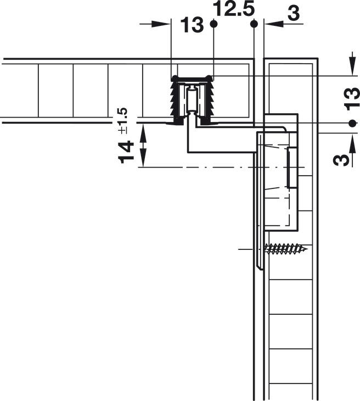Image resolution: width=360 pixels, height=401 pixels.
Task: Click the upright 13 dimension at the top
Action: pyautogui.click(x=192, y=25)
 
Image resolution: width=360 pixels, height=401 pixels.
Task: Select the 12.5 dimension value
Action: pyautogui.click(x=234, y=9)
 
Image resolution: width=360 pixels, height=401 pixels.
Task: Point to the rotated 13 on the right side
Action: pyautogui.click(x=352, y=99)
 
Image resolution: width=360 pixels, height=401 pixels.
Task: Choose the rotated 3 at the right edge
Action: pyautogui.click(x=341, y=160)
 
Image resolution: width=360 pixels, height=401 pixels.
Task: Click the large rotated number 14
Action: pyautogui.click(x=126, y=152)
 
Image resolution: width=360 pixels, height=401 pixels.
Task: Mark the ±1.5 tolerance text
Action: pyautogui.click(x=122, y=121)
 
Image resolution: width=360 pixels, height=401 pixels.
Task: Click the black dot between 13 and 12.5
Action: pyautogui.click(x=213, y=24)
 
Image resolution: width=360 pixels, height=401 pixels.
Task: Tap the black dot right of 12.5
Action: pyautogui.click(x=254, y=24)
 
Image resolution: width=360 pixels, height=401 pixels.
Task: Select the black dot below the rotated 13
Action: pyautogui.click(x=352, y=123)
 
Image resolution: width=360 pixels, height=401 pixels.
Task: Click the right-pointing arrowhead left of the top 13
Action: pyautogui.click(x=161, y=24)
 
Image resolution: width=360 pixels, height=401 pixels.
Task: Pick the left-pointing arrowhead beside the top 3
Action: pyautogui.click(x=274, y=24)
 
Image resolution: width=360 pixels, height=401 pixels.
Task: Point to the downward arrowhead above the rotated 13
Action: pyautogui.click(x=352, y=67)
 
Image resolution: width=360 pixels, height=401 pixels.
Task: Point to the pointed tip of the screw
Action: pyautogui.click(x=308, y=249)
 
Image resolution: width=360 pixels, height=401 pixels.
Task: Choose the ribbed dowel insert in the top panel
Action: pyautogui.click(x=192, y=100)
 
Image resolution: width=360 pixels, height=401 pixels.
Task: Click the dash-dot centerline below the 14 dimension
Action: pyautogui.click(x=221, y=167)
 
